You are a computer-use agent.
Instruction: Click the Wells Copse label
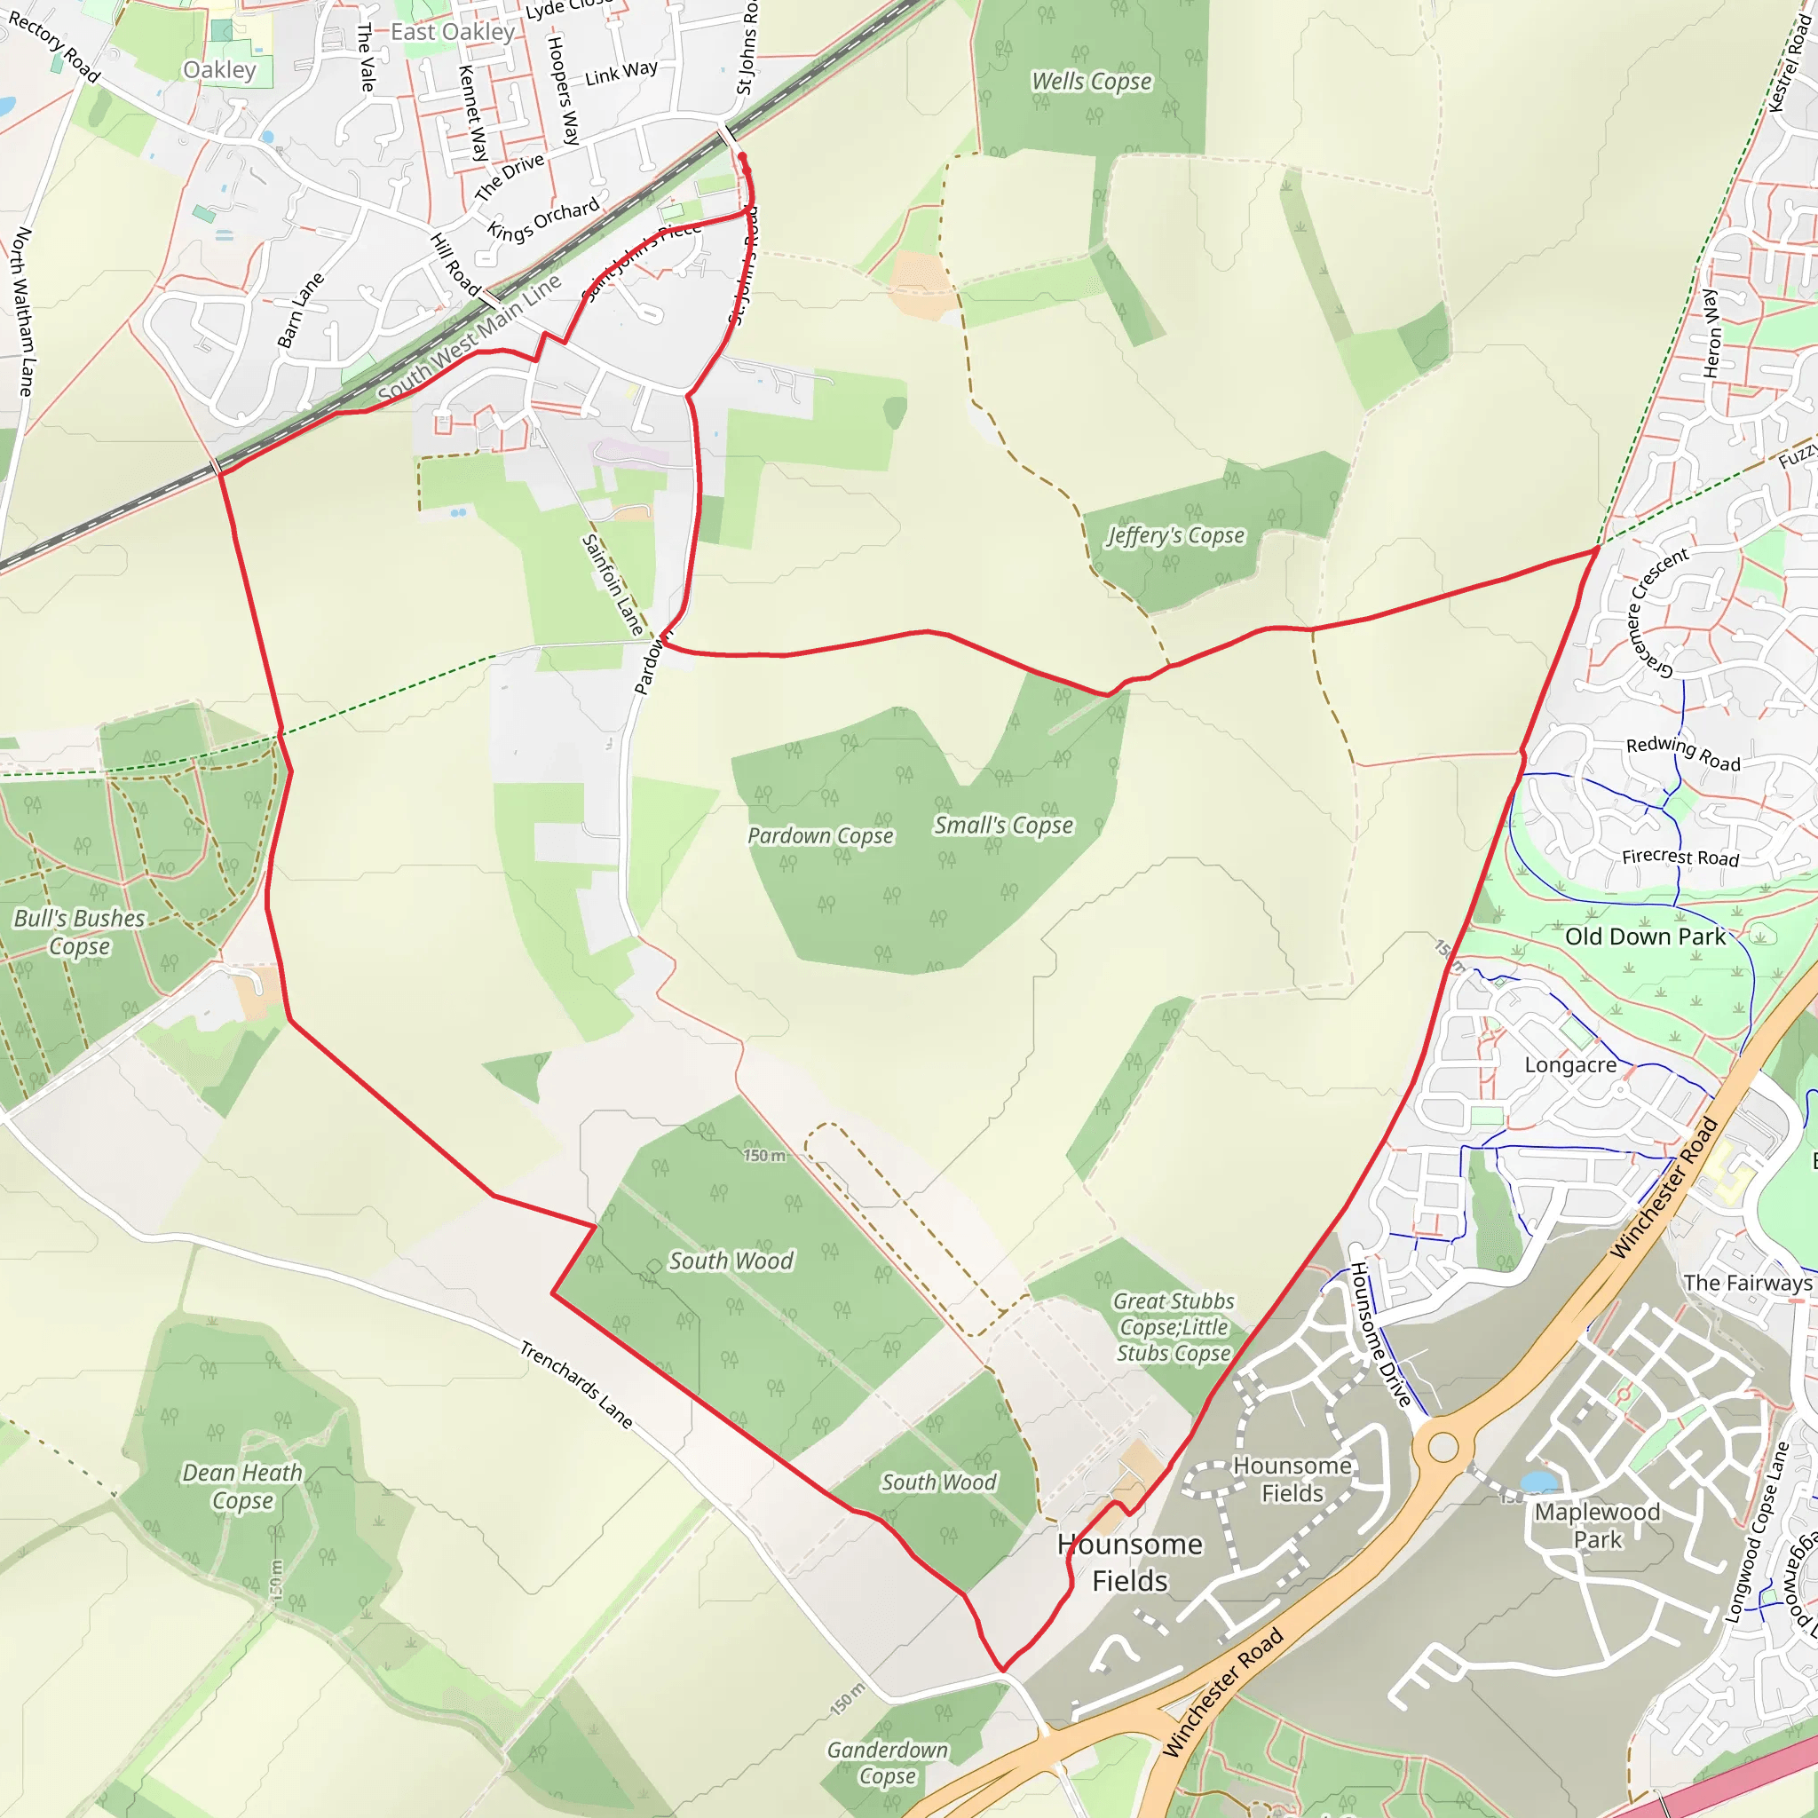(1092, 82)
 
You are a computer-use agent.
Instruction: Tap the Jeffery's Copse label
(1175, 535)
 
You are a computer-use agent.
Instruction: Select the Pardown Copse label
(820, 835)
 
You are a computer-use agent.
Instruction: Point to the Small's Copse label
(1003, 826)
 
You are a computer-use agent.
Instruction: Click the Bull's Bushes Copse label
(80, 931)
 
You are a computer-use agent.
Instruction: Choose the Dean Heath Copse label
(242, 1486)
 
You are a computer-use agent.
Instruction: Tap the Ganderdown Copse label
(888, 1762)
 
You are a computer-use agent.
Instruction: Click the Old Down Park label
(1645, 937)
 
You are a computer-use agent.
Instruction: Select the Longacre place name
(1570, 1065)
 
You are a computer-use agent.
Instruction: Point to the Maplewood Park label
(1597, 1525)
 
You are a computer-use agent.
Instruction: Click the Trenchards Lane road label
(576, 1385)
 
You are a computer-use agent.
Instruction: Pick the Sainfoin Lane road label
(613, 584)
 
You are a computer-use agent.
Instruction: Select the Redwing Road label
(1683, 753)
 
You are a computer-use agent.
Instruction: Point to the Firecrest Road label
(1680, 858)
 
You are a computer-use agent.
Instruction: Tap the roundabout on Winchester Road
(1443, 1447)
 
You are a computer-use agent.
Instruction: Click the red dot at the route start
(742, 157)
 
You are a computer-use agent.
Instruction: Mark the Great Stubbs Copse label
(1174, 1327)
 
